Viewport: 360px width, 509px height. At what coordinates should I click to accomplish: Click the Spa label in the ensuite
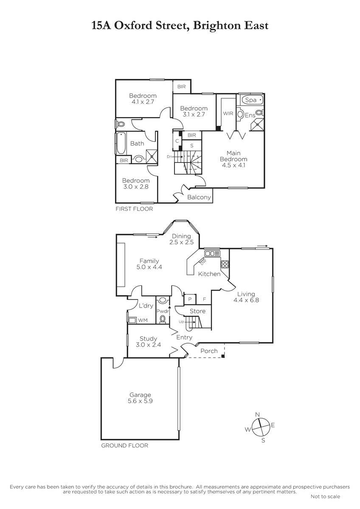[x=251, y=100]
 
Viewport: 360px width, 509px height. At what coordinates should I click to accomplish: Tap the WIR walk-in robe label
[x=228, y=113]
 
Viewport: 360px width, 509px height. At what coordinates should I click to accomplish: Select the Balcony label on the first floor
[x=199, y=197]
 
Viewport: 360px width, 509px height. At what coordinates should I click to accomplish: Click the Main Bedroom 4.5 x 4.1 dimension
[x=233, y=165]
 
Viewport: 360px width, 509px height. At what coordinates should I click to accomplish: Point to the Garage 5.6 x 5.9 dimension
[x=140, y=401]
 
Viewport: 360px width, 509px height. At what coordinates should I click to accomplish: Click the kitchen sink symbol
[x=212, y=253]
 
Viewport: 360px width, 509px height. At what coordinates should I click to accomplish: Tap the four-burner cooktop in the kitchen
[x=225, y=264]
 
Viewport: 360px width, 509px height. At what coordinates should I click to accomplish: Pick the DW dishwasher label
[x=203, y=262]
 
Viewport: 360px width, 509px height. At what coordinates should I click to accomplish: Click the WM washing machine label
[x=143, y=320]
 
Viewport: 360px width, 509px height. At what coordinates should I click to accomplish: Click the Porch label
[x=209, y=351]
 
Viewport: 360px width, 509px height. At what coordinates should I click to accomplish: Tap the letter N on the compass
[x=257, y=415]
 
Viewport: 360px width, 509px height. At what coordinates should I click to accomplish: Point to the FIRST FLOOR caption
[x=134, y=209]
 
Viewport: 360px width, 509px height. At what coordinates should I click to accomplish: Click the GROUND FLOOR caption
[x=124, y=446]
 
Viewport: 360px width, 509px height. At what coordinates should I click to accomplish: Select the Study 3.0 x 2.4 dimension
[x=148, y=345]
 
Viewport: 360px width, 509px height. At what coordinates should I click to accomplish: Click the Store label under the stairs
[x=198, y=311]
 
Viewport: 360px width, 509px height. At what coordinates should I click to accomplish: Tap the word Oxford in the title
[x=133, y=25]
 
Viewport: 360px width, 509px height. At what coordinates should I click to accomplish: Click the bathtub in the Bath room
[x=120, y=143]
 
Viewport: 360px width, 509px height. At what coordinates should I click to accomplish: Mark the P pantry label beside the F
[x=190, y=299]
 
